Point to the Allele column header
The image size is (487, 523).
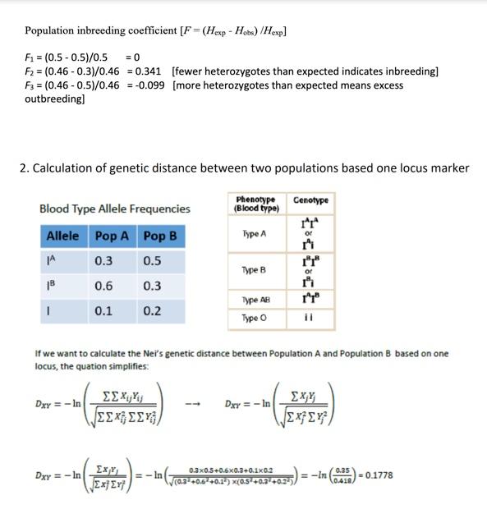63,236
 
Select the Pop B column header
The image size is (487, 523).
160,236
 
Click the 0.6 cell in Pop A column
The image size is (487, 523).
104,287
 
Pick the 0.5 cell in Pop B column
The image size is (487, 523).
153,261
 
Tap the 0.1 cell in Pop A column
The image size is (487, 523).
104,312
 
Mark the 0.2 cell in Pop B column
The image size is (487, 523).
153,312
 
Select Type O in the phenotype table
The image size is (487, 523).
256,318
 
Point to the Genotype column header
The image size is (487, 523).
310,200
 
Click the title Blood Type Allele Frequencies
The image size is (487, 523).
115,209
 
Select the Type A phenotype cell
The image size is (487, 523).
255,234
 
